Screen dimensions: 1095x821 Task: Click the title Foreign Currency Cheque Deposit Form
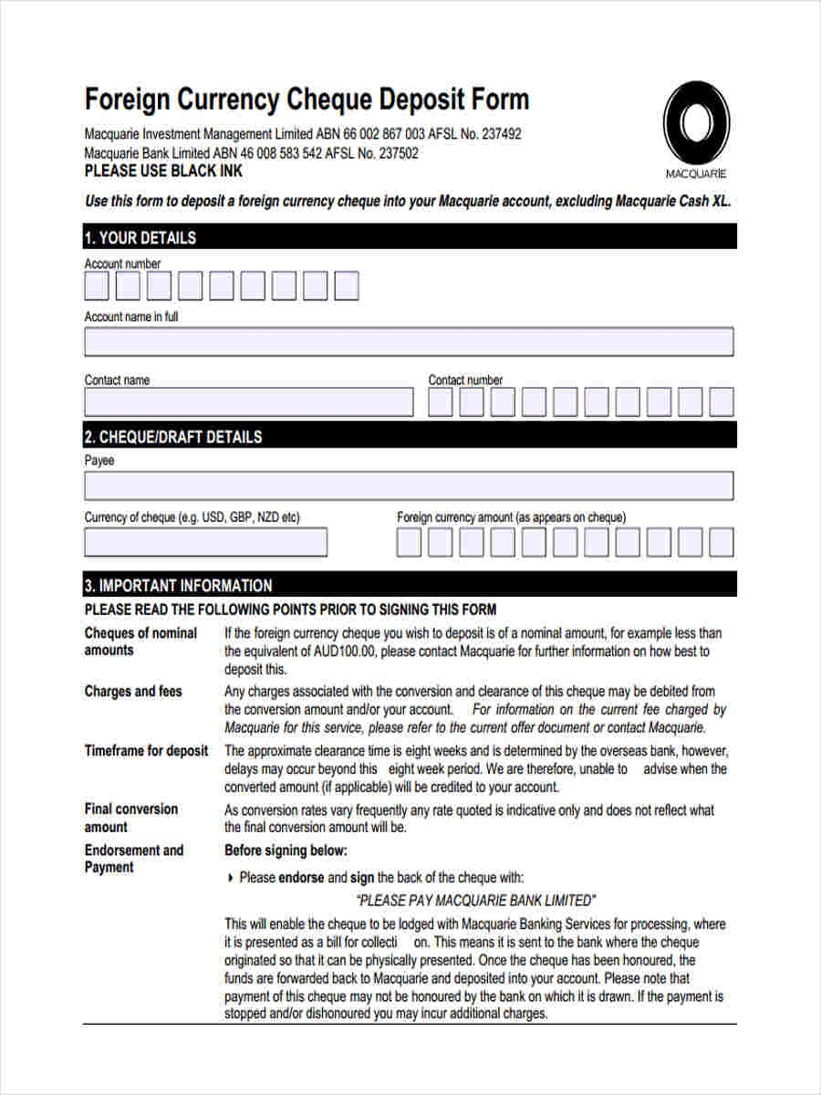[307, 99]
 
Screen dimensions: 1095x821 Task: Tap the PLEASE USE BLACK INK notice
[163, 171]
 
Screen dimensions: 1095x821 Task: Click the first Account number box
[97, 287]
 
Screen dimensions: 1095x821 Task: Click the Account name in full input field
[409, 341]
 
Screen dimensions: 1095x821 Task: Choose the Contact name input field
[248, 402]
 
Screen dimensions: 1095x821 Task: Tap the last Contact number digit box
[722, 402]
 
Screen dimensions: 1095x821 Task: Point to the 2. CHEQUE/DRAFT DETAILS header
[172, 437]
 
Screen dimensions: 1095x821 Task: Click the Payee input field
[409, 485]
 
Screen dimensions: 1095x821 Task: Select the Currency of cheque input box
[205, 542]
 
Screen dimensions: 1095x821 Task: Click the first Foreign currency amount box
[409, 542]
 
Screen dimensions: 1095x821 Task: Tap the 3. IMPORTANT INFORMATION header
[178, 585]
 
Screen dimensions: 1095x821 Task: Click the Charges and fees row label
[133, 691]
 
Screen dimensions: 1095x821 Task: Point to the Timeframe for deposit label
[146, 751]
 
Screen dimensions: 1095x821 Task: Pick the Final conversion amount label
[130, 818]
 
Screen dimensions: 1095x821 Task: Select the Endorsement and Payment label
[133, 859]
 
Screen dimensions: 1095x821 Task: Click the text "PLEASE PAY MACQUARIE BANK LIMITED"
[475, 900]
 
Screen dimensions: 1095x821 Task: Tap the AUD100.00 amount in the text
[338, 652]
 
